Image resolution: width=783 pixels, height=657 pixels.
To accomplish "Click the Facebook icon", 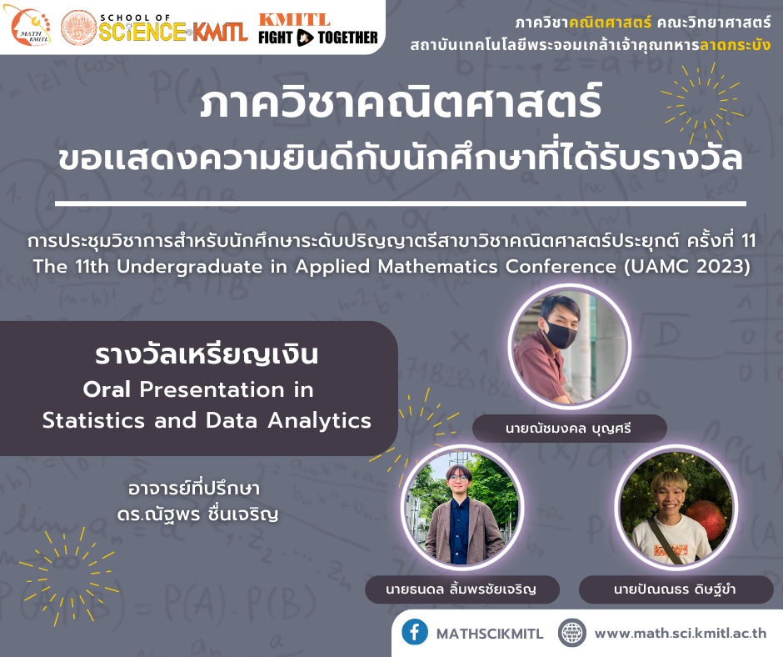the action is [415, 632].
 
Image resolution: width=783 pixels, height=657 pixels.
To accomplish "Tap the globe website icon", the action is [571, 633].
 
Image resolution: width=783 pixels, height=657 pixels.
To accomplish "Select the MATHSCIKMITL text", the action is [490, 634].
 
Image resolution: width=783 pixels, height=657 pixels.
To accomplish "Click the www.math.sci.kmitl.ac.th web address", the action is [681, 633].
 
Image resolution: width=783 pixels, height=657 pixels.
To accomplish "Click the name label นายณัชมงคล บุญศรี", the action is [569, 429].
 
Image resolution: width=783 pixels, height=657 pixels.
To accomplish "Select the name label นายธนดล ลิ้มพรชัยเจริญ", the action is [461, 588].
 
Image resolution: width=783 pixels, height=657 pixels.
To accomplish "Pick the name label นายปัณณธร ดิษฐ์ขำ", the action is [675, 589].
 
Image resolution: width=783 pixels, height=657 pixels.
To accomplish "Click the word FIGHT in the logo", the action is [275, 38].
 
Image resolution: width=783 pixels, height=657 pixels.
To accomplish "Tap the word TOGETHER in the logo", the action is [348, 38].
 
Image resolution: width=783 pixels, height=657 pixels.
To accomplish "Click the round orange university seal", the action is [79, 28].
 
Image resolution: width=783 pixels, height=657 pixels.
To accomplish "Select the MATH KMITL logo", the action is [31, 25].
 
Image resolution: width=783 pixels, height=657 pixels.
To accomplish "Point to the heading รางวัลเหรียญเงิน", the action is [207, 354].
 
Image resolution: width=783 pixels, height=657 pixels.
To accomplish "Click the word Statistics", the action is [94, 420].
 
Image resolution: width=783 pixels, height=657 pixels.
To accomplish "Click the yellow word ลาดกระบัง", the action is [735, 45].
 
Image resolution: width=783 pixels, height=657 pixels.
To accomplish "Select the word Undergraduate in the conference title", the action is [190, 267].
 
